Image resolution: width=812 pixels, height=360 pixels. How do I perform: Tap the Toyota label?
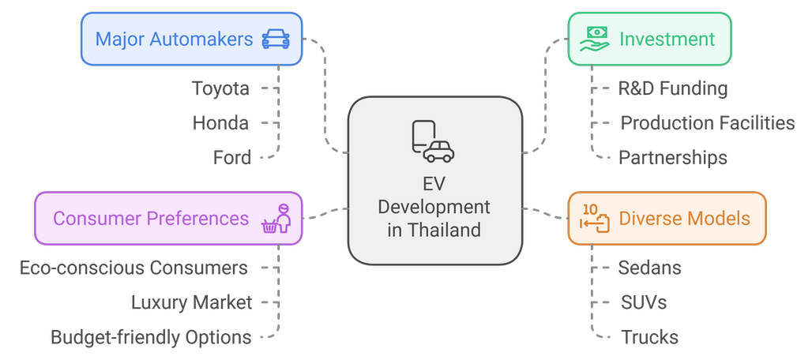(x=220, y=88)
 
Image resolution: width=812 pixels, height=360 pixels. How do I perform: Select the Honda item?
(x=220, y=123)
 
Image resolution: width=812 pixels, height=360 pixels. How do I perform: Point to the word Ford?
(x=232, y=158)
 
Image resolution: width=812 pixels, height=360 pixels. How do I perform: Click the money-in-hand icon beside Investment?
(x=594, y=38)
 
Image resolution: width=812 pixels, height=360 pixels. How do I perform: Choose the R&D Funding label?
(x=672, y=88)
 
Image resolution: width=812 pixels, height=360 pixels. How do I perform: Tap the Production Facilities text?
(x=707, y=123)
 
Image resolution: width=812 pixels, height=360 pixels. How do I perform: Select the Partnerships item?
(x=672, y=158)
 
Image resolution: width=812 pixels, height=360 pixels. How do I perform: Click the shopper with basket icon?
(x=276, y=219)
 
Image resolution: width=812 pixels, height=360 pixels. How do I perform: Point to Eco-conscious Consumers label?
(x=133, y=268)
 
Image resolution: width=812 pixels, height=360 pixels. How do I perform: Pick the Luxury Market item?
(x=192, y=302)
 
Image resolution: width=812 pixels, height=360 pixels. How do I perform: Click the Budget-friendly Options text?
(x=151, y=337)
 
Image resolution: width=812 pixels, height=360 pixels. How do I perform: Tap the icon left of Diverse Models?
(x=593, y=219)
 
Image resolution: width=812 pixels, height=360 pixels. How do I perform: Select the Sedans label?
(x=649, y=268)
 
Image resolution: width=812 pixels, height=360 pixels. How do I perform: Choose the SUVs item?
(x=644, y=302)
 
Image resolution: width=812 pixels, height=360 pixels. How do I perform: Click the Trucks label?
(x=649, y=337)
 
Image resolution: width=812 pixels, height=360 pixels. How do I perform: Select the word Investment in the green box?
(x=667, y=39)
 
